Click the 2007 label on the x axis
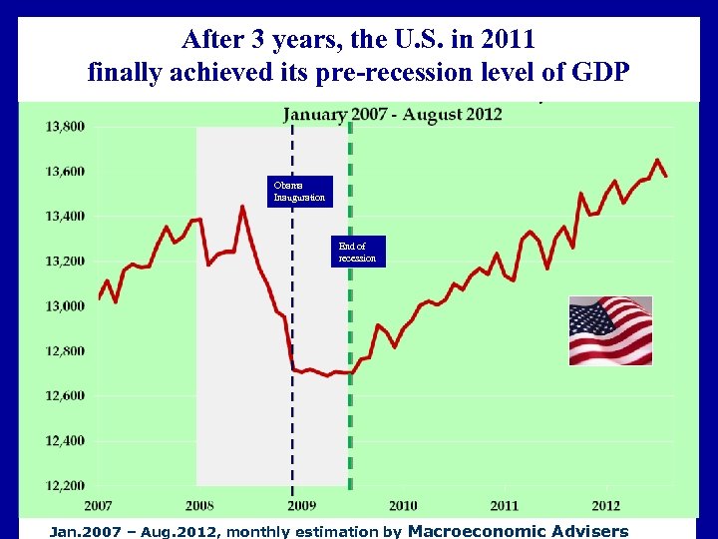click(x=98, y=506)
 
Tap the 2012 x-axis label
click(x=605, y=506)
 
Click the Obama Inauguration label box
click(x=300, y=191)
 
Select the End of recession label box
click(x=358, y=252)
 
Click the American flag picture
click(x=610, y=330)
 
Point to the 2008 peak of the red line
click(x=243, y=207)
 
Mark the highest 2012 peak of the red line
click(x=657, y=160)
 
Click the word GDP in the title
click(x=600, y=73)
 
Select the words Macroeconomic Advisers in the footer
click(x=519, y=531)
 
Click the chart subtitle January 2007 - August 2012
click(x=393, y=114)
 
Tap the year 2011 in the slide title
click(x=508, y=40)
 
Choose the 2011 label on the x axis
click(x=505, y=506)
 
